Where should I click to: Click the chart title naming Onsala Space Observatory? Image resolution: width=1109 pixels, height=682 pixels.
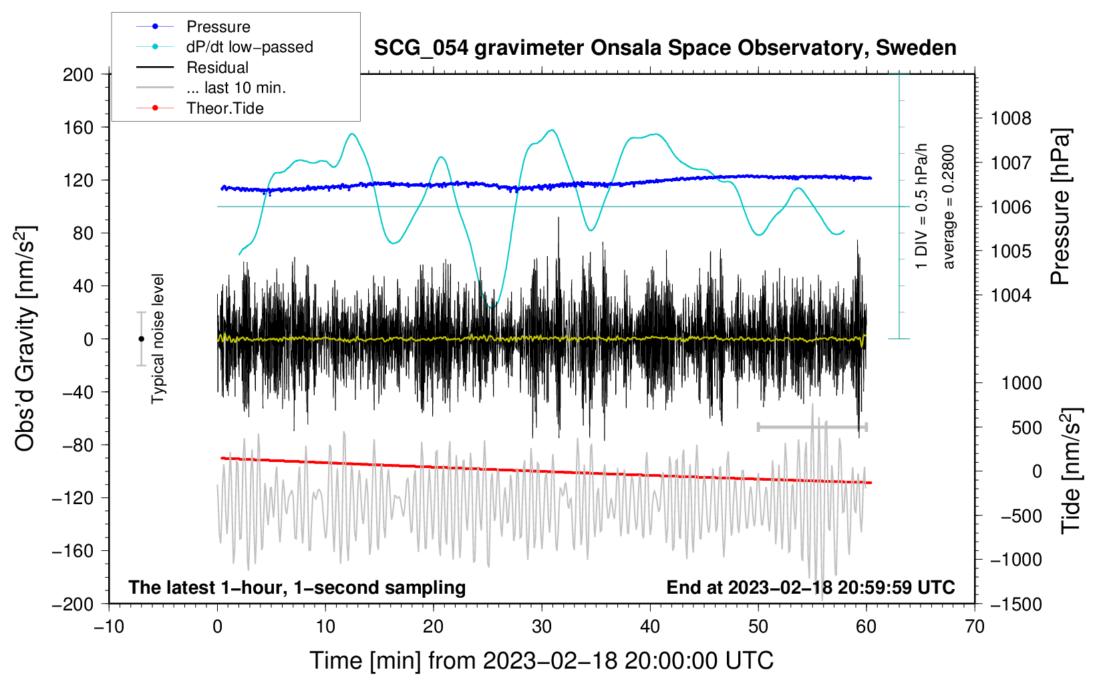(x=665, y=48)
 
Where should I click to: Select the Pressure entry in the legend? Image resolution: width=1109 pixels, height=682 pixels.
(x=218, y=27)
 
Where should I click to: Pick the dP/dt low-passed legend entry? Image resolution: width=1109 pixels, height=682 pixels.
(x=249, y=47)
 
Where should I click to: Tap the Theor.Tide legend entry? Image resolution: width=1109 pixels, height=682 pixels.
(x=224, y=108)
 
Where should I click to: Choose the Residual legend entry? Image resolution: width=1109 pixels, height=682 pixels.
(x=217, y=68)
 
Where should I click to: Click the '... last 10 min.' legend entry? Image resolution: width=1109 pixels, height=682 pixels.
(x=236, y=88)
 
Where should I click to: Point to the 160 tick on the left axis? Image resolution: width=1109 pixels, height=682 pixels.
(x=78, y=127)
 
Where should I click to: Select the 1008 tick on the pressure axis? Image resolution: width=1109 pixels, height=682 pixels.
(x=1011, y=119)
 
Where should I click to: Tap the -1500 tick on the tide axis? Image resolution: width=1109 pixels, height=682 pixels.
(x=1016, y=604)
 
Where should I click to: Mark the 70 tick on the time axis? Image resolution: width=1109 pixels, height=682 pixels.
(x=975, y=627)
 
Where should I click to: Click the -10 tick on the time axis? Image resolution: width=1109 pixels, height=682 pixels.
(x=109, y=627)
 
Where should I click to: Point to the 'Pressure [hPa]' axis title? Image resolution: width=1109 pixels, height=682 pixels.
(x=1060, y=207)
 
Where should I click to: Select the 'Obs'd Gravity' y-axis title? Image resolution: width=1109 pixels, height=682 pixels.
(x=25, y=339)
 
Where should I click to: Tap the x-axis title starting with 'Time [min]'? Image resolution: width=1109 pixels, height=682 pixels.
(x=541, y=661)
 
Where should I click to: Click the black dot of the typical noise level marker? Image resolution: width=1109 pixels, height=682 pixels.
(x=141, y=339)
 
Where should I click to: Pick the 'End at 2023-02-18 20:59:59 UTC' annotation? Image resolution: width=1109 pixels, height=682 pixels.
(x=810, y=587)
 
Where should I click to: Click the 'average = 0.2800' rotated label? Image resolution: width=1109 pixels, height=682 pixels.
(x=949, y=207)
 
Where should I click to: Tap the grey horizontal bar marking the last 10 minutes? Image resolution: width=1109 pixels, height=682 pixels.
(x=812, y=427)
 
